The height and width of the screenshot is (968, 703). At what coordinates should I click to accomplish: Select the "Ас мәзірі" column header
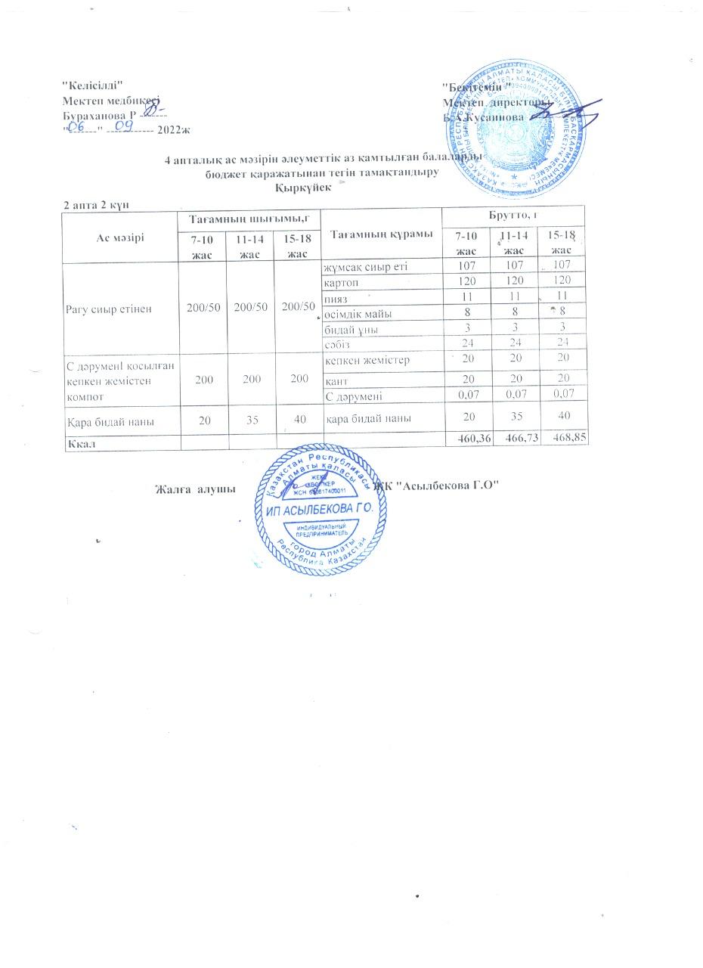119,235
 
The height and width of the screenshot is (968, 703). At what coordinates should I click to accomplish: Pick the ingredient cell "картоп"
339,280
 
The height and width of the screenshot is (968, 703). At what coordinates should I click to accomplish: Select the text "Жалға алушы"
193,489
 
